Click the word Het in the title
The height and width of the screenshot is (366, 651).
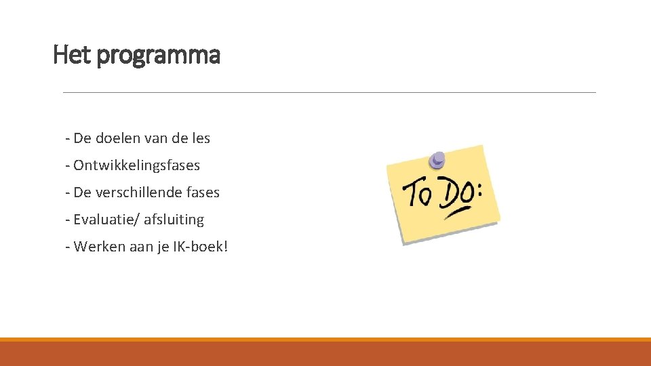tap(72, 55)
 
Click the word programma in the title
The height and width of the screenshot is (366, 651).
tap(158, 56)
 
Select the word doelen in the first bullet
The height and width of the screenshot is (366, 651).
tap(118, 138)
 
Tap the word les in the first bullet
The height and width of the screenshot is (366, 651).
tap(201, 138)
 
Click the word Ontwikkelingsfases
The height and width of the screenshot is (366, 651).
tap(136, 165)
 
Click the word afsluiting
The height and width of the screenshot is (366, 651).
tap(174, 220)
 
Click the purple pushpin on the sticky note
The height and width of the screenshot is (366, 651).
tap(437, 160)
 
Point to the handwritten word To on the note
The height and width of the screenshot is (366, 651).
tap(417, 195)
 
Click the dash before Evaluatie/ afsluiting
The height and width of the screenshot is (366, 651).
tap(68, 220)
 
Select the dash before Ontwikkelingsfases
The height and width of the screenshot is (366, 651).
tap(68, 165)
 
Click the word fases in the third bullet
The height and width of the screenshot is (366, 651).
tap(205, 192)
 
